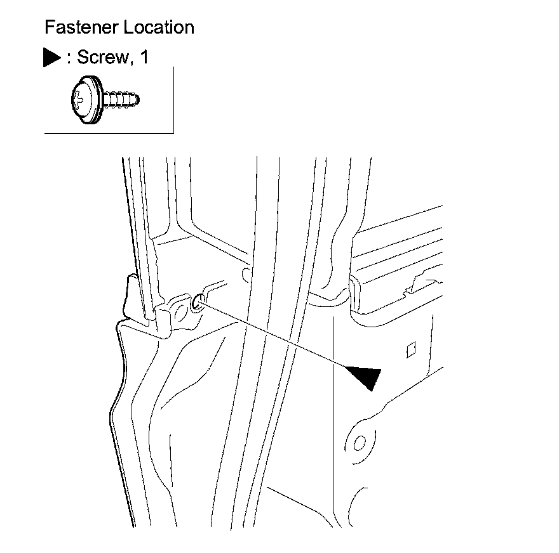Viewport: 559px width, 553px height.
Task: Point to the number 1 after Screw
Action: click(144, 58)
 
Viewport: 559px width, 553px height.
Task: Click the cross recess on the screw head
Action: click(78, 100)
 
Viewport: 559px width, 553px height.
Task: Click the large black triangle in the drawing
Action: click(364, 377)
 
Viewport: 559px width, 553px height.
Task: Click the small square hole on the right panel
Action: click(410, 348)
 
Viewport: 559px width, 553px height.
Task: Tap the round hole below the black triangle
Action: click(358, 441)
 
